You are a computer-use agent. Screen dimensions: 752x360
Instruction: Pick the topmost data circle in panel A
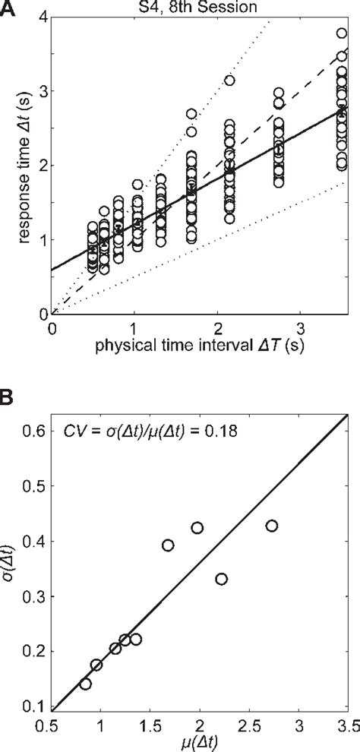(x=342, y=33)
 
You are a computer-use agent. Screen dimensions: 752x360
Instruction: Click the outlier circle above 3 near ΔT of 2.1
(x=229, y=80)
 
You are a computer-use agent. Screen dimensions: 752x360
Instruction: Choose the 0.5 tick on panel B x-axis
(x=52, y=725)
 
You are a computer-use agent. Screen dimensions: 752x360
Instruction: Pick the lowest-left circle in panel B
(x=85, y=684)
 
